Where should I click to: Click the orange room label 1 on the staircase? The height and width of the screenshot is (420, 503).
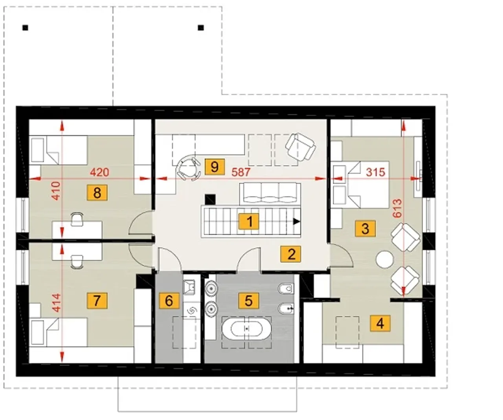[x=249, y=221]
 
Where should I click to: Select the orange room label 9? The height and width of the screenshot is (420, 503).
[x=215, y=167]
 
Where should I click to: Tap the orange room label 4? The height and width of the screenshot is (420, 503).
[x=380, y=324]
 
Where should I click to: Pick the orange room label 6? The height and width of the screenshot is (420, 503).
[x=169, y=301]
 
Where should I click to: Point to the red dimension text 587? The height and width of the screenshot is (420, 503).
[x=241, y=172]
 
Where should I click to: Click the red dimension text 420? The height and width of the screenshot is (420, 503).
[x=99, y=172]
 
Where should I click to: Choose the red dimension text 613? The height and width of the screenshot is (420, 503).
[x=397, y=209]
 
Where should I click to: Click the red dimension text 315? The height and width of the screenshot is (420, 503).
[x=376, y=172]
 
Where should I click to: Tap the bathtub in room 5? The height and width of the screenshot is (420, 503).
[x=246, y=328]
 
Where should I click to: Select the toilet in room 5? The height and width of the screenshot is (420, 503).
[x=286, y=288]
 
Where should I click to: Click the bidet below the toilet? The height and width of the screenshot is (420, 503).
[x=286, y=308]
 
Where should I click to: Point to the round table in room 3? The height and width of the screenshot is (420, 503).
[x=385, y=259]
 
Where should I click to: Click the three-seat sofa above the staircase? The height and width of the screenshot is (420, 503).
[x=270, y=193]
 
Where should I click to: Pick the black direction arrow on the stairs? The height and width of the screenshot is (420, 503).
[x=296, y=221]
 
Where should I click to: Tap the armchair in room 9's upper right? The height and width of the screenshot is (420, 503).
[x=300, y=147]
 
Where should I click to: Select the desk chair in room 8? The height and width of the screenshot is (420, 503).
[x=77, y=219]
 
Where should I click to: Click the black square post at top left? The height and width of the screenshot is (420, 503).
[x=25, y=28]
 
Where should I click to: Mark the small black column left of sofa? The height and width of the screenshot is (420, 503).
[x=210, y=200]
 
